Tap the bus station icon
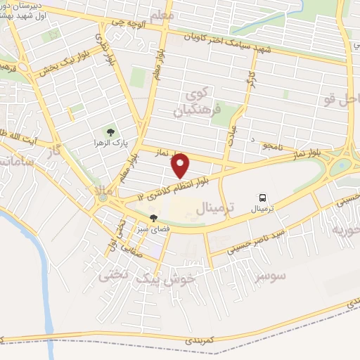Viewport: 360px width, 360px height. pos(262,198)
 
